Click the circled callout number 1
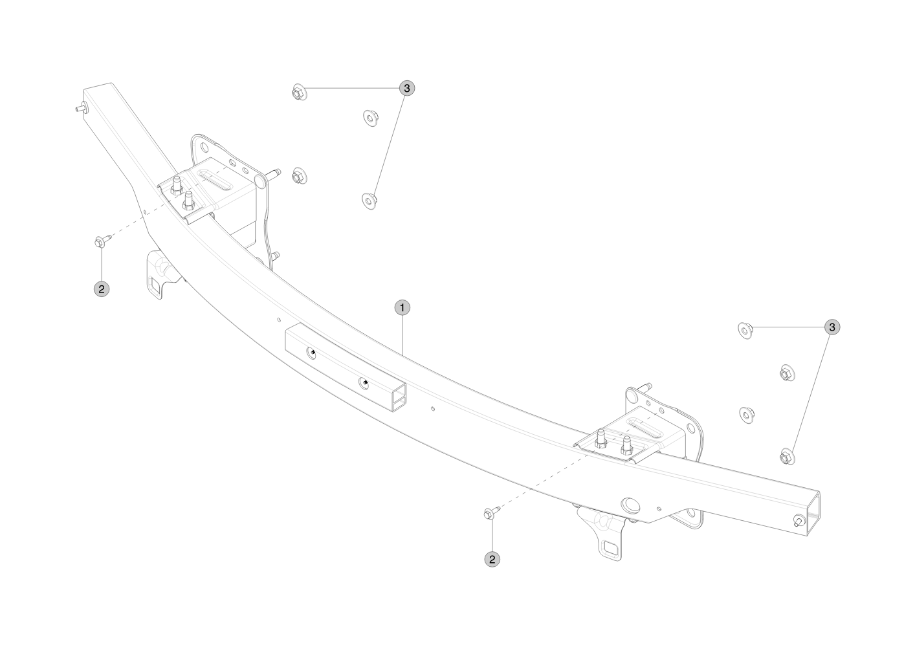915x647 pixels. [402, 308]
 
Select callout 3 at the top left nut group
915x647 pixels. [406, 88]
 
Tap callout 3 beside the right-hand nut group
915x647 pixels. [832, 327]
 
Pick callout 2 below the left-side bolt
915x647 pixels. [102, 289]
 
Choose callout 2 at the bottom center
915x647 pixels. [492, 560]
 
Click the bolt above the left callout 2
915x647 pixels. [102, 240]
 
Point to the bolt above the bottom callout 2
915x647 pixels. [492, 512]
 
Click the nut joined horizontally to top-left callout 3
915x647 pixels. [300, 93]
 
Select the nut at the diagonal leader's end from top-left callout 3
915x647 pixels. [369, 201]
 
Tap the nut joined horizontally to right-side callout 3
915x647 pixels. [745, 330]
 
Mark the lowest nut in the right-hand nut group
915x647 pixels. [787, 456]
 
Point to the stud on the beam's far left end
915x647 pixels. [80, 108]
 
